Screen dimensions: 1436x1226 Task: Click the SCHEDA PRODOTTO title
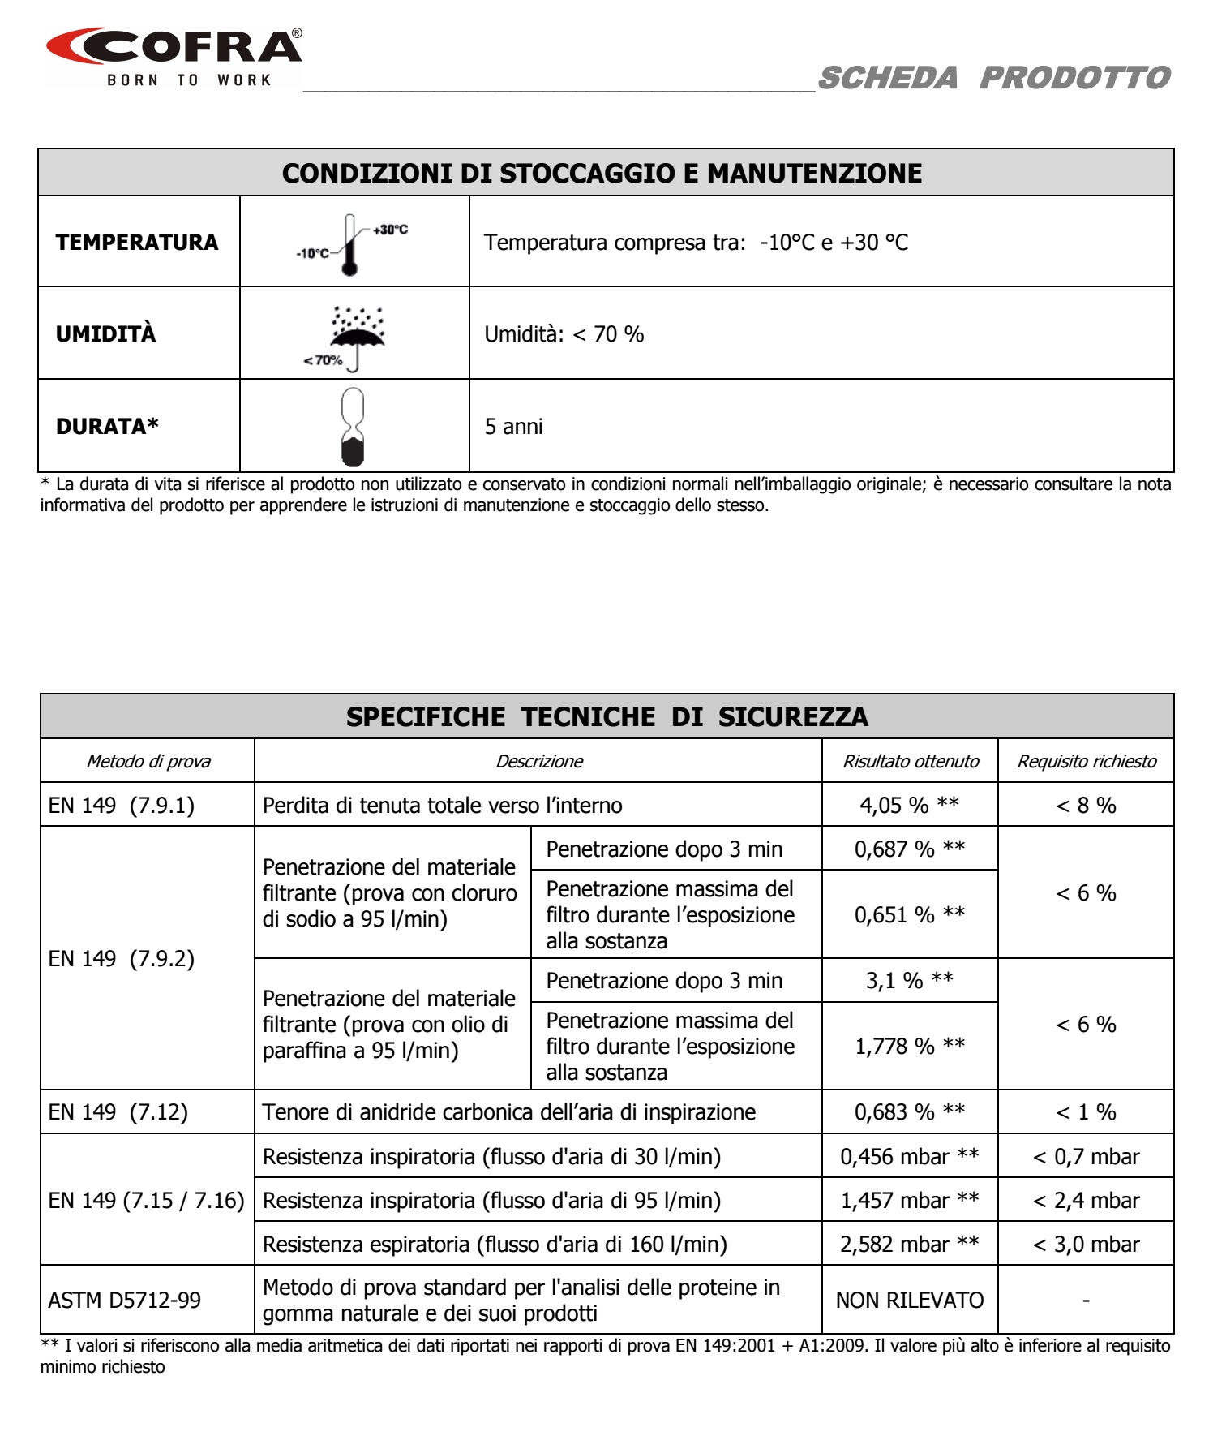pos(994,78)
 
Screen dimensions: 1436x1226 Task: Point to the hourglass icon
pos(353,427)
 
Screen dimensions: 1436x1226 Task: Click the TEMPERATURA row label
pos(137,243)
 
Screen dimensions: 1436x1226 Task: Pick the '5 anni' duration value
pos(513,427)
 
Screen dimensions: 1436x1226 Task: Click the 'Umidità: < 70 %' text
pos(564,334)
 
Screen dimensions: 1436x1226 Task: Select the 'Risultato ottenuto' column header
pos(910,761)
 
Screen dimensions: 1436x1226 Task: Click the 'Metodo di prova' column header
pos(148,761)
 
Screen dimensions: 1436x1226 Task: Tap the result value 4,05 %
pos(909,805)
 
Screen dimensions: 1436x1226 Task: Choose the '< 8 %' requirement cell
pos(1086,805)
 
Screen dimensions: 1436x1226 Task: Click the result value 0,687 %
pos(909,849)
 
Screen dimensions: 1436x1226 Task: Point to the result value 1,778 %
pos(909,1046)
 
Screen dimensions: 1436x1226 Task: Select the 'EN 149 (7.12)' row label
pos(118,1111)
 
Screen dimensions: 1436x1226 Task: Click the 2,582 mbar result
pos(909,1244)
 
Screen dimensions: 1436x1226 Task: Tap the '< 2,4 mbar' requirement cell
pos(1086,1200)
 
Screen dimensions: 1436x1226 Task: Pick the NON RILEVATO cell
pos(909,1300)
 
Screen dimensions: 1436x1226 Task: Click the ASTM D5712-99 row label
pos(124,1300)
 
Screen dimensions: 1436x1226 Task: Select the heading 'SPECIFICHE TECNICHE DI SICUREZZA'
pos(607,716)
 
